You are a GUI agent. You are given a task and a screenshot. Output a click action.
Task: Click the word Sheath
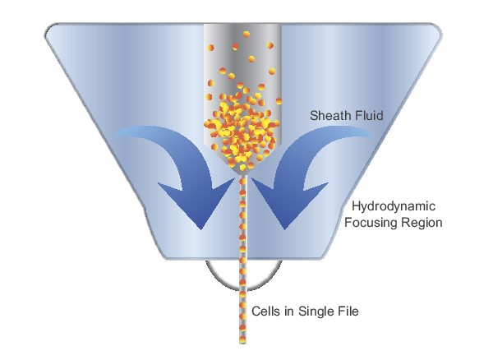coord(330,115)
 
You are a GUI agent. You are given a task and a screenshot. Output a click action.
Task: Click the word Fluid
coord(369,115)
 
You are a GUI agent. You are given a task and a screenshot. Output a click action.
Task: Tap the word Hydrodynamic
coord(394,207)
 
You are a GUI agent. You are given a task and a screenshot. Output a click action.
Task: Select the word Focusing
coord(368,223)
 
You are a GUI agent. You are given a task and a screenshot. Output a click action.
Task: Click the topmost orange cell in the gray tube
coord(246,34)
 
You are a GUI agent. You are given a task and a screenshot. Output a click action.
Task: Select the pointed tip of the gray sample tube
coord(242,175)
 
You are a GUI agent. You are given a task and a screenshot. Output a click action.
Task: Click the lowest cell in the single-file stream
coord(242,340)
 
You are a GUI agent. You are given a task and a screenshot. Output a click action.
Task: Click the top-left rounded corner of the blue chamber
coord(50,28)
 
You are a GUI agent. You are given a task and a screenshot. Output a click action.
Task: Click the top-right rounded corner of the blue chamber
coord(436,28)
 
